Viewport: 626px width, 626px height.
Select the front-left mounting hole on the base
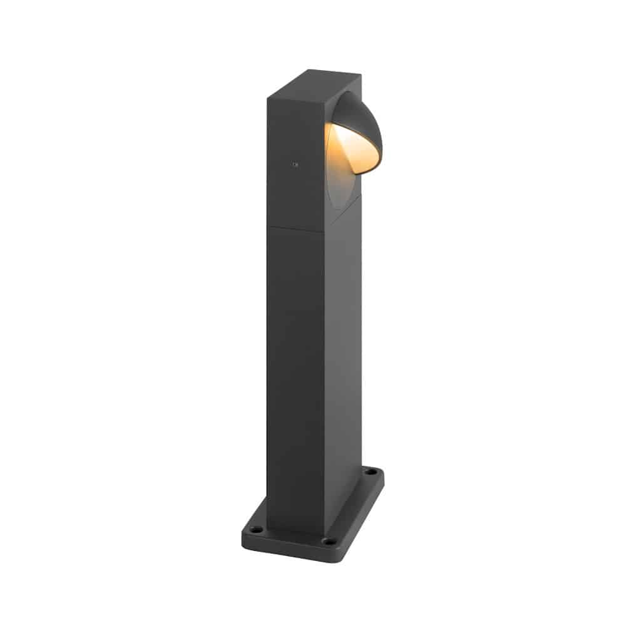(254, 529)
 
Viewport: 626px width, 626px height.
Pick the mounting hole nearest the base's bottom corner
(326, 540)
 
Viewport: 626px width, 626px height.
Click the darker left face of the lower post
(294, 376)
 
